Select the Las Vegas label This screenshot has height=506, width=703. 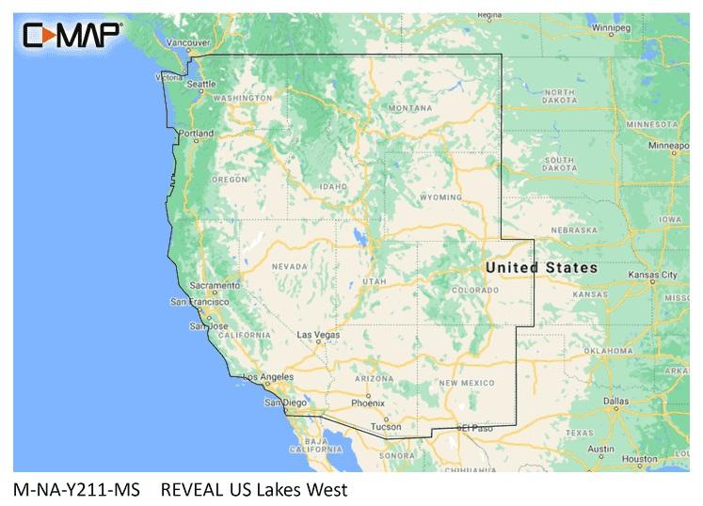317,334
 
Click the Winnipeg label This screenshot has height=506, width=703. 610,28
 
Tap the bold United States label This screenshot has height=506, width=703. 541,268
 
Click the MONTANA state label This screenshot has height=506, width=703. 410,109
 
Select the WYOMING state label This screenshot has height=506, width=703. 440,198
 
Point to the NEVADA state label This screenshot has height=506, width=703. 289,266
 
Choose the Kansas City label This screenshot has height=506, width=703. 656,276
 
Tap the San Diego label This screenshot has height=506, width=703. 285,403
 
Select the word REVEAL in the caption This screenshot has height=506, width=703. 196,489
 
